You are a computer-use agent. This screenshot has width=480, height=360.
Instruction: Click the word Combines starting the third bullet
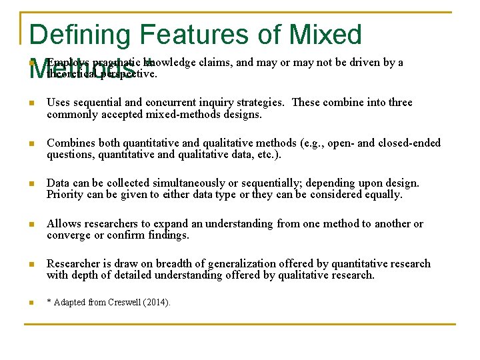[x=73, y=143]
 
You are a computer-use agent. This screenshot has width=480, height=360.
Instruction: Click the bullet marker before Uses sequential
[x=31, y=103]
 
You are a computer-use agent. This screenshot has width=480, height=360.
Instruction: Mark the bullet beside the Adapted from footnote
[x=31, y=303]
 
